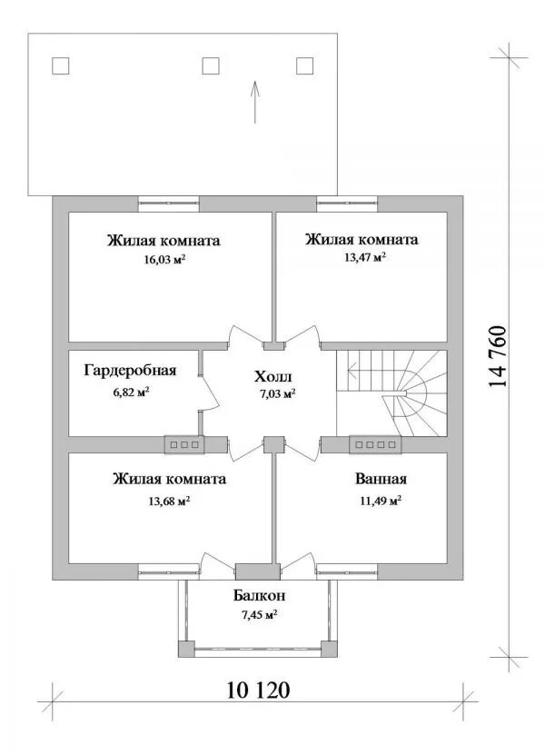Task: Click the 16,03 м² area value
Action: coord(163,259)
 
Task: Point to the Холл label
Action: coord(273,376)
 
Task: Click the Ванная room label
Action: coord(380,480)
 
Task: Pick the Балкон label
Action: coord(260,596)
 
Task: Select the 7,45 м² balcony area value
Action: coord(259,615)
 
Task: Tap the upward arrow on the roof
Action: coord(255,100)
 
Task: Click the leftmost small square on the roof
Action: coord(61,65)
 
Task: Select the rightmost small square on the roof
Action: coord(304,65)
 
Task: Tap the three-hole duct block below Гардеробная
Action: coord(185,444)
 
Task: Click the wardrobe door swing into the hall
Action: coord(207,392)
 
